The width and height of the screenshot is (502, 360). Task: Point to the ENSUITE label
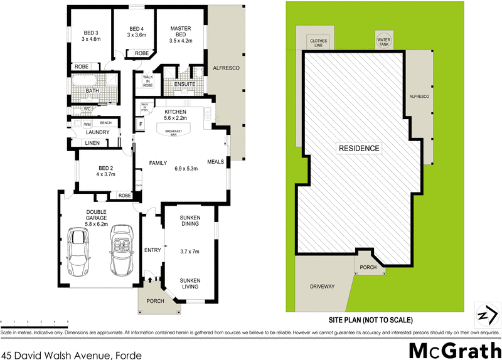(184, 84)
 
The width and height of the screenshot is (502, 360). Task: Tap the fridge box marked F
(140, 125)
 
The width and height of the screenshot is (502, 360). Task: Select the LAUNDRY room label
(97, 132)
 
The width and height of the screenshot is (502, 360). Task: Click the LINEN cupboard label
(92, 144)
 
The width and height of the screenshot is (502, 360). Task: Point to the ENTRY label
(152, 250)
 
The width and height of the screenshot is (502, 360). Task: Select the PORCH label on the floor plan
(154, 301)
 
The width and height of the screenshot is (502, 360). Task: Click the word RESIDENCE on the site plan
(359, 149)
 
